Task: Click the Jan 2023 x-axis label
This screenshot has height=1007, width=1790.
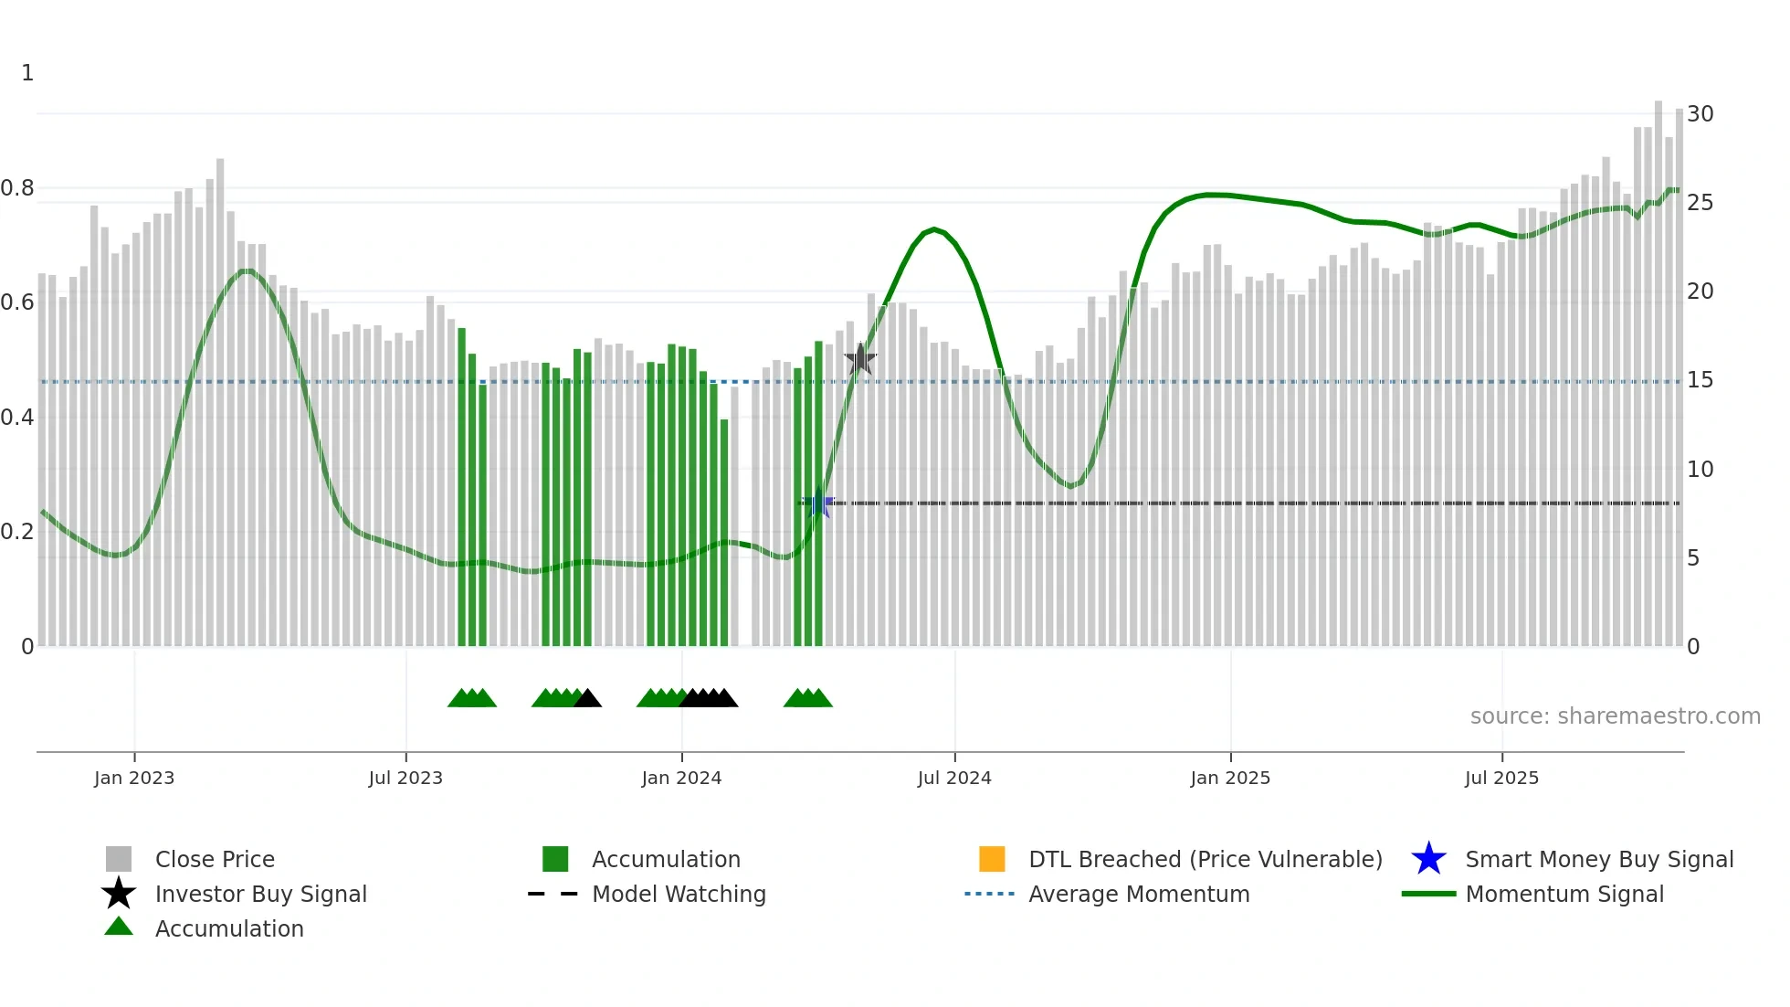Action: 134,778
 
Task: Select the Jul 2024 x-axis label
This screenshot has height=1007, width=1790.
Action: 954,778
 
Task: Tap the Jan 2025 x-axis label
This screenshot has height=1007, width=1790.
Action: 1230,778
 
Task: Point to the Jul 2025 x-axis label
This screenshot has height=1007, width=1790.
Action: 1501,778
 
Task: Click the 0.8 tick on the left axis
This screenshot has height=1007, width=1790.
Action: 18,188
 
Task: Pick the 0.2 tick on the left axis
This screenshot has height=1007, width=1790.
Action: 18,532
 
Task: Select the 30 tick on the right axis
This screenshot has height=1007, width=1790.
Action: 1700,114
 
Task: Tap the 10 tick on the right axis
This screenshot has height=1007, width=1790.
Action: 1700,470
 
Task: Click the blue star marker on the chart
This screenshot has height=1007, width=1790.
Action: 819,503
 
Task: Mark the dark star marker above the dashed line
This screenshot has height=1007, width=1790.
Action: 859,359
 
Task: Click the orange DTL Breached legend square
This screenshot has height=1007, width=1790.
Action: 992,859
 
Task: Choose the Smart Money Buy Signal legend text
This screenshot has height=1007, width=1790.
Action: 1599,859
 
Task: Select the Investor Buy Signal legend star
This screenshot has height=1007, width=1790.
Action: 119,894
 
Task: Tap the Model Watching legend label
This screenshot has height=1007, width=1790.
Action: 679,894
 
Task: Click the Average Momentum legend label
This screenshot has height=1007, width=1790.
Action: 1139,894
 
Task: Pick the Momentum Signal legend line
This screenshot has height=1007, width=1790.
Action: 1428,894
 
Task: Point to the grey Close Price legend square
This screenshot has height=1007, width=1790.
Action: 119,859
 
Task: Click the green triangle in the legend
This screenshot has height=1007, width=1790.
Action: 119,927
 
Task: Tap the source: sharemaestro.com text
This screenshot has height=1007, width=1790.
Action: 1615,716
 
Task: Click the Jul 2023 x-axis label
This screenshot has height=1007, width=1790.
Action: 405,778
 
